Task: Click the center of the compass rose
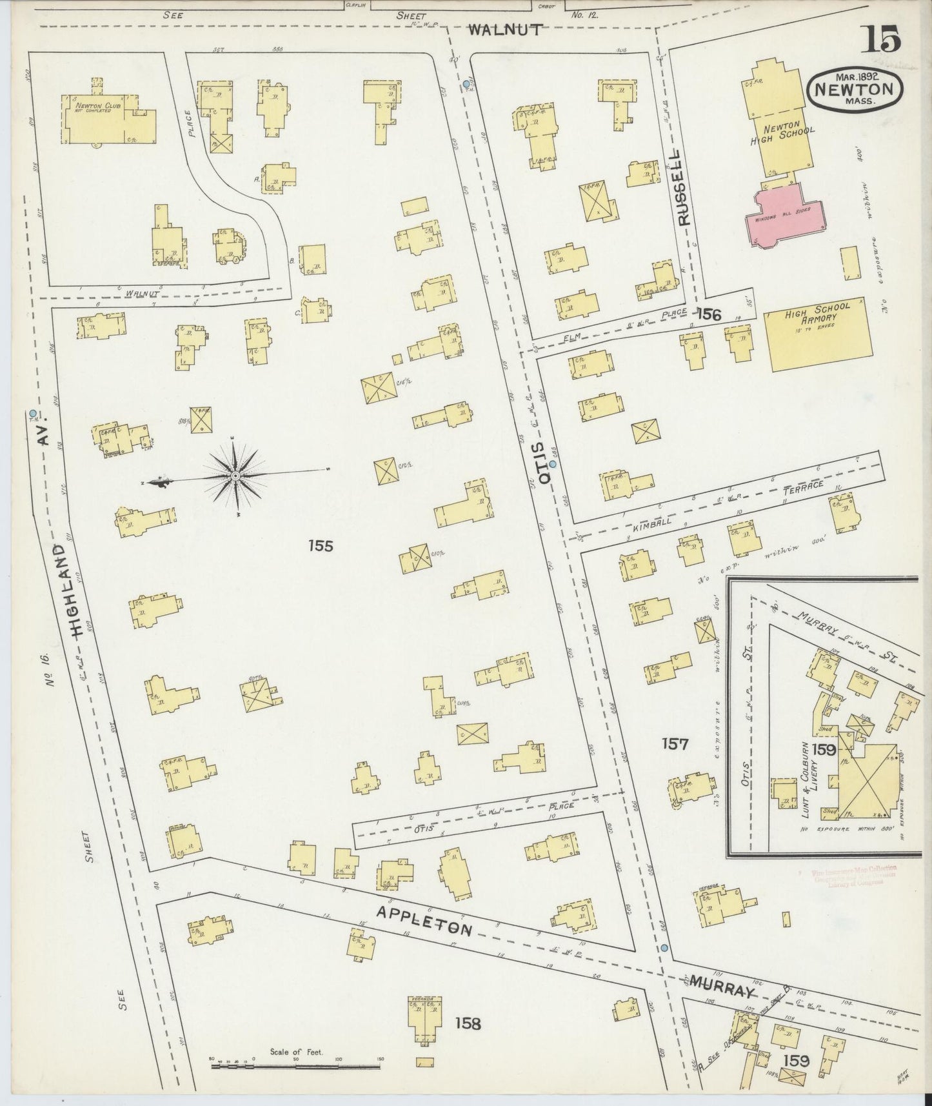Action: coord(235,476)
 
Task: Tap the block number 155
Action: coord(320,547)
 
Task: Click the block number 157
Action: coord(675,744)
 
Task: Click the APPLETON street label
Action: coord(425,920)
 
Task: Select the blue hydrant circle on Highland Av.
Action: coord(33,413)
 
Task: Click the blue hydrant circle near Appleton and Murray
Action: coord(664,948)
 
